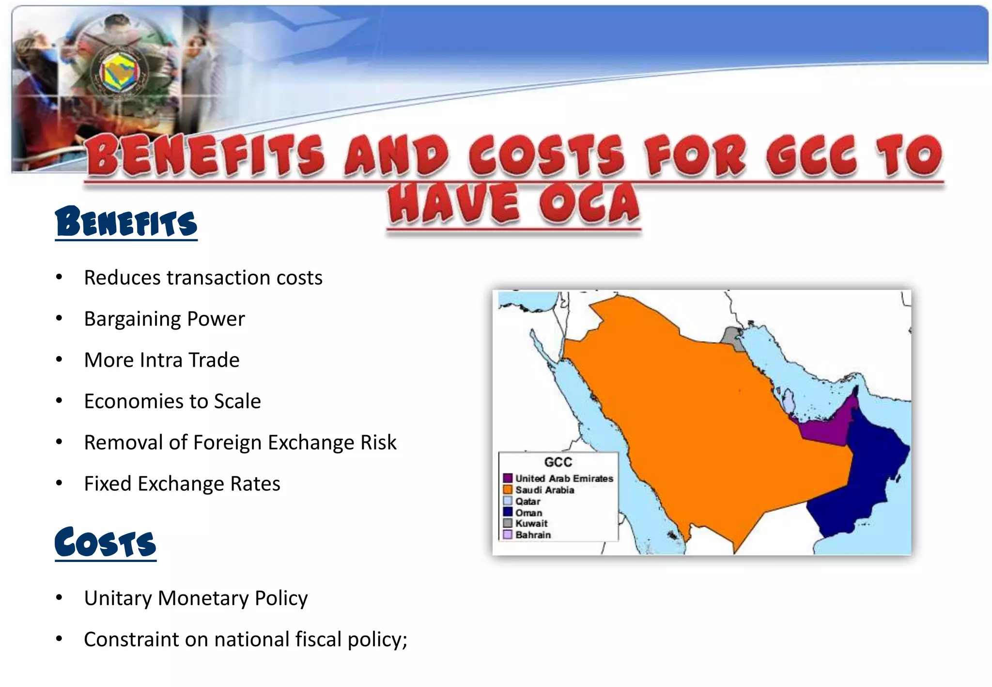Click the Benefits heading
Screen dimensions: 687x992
point(126,222)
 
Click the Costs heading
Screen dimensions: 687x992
point(106,543)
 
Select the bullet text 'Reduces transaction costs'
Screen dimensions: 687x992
point(203,278)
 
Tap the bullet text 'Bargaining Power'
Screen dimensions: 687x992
point(164,319)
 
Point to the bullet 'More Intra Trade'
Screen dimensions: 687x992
point(162,360)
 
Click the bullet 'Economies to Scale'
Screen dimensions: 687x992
point(172,402)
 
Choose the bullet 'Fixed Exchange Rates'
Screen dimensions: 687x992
point(182,484)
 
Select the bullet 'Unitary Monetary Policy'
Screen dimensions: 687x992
point(196,598)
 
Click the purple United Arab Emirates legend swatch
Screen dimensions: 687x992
point(508,478)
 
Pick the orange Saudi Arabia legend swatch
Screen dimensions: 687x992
point(508,490)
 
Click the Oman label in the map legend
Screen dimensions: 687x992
point(528,513)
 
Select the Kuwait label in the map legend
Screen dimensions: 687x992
point(531,524)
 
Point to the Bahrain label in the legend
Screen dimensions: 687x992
point(533,535)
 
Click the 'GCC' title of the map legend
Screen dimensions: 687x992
point(558,462)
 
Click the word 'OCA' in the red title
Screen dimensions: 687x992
point(589,203)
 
